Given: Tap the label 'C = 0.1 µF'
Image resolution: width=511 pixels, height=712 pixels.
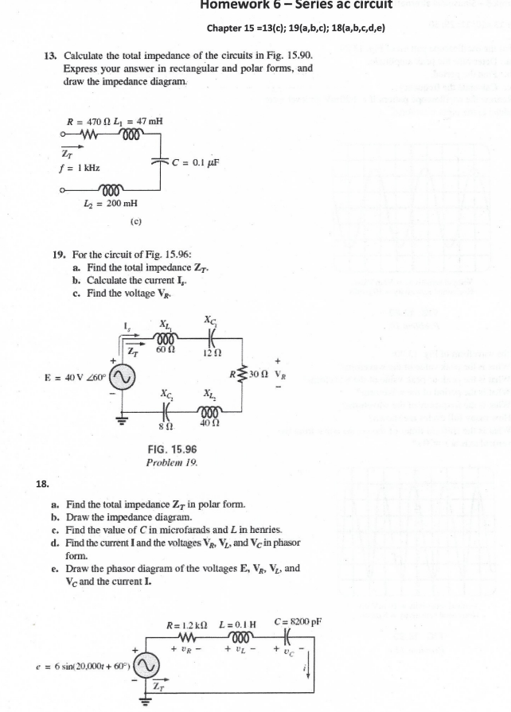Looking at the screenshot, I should click(x=195, y=159).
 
